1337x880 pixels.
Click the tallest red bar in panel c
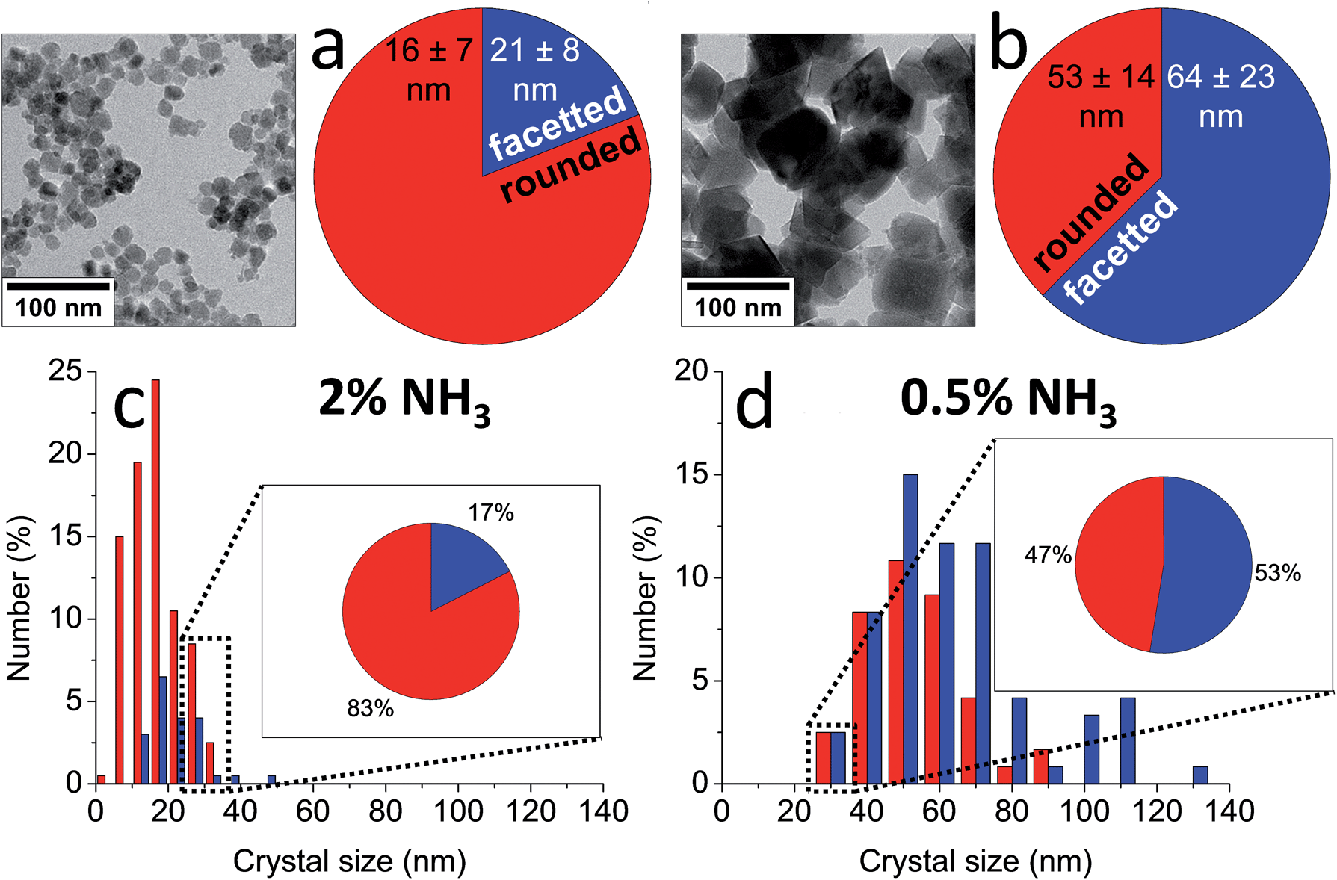tap(155, 583)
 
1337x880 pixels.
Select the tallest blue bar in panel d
tap(910, 628)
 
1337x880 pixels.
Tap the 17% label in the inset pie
tap(491, 512)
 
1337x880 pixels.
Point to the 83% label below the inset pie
tap(370, 708)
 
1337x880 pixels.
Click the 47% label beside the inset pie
tap(1048, 555)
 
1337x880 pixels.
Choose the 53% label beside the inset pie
tap(1278, 573)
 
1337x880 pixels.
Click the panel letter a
tap(328, 49)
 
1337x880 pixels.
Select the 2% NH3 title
tap(404, 400)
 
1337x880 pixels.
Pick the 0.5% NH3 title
tap(1008, 400)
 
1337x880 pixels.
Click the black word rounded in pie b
tap(1091, 212)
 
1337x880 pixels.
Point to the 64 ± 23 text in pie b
tap(1220, 77)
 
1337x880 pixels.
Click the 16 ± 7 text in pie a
tap(428, 51)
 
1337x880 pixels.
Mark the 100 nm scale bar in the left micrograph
tap(58, 286)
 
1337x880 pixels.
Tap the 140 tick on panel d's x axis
tap(1229, 811)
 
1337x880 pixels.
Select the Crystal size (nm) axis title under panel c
tap(350, 861)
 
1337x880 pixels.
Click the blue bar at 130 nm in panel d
tap(1200, 775)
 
